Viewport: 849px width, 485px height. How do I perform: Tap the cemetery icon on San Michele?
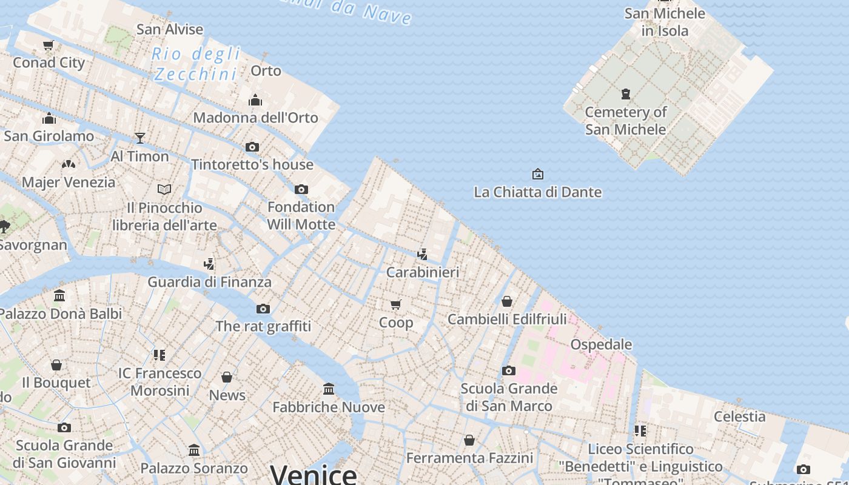tap(625, 94)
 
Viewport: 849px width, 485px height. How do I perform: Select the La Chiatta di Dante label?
tap(537, 192)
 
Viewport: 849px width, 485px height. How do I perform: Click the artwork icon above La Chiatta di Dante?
tap(537, 175)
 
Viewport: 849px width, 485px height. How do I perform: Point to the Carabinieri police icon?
tap(422, 255)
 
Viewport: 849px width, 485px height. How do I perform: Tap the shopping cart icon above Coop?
tap(395, 304)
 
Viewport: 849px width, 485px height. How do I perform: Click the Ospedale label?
tap(601, 344)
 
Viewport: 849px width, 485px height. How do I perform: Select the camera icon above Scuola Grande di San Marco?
tap(509, 370)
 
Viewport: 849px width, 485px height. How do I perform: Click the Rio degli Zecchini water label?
tap(195, 64)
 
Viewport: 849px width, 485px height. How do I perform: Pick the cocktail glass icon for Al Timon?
tap(140, 138)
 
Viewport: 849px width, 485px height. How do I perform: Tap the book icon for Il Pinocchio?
tap(164, 190)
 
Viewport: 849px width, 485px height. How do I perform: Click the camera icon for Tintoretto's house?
tap(252, 147)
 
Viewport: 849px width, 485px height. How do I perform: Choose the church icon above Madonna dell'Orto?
tap(255, 99)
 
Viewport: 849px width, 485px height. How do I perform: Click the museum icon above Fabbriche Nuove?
tap(329, 389)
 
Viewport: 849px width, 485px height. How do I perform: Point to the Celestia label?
tap(739, 416)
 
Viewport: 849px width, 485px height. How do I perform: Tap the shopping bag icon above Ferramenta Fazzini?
tap(469, 440)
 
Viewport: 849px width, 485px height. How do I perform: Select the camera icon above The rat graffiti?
tap(263, 309)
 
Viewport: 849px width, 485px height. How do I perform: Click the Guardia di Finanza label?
tap(209, 282)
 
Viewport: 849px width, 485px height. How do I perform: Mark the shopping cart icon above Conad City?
tap(49, 45)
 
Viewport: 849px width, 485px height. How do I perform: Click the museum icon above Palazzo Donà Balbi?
tap(59, 296)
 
